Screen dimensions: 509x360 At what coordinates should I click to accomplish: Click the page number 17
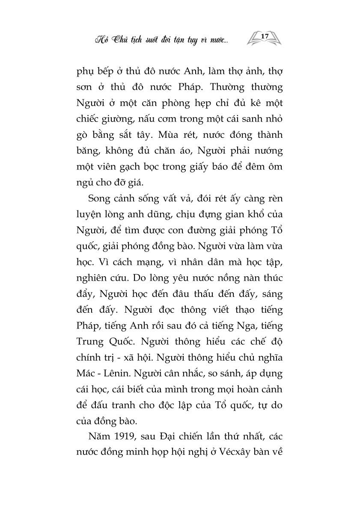[264, 37]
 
